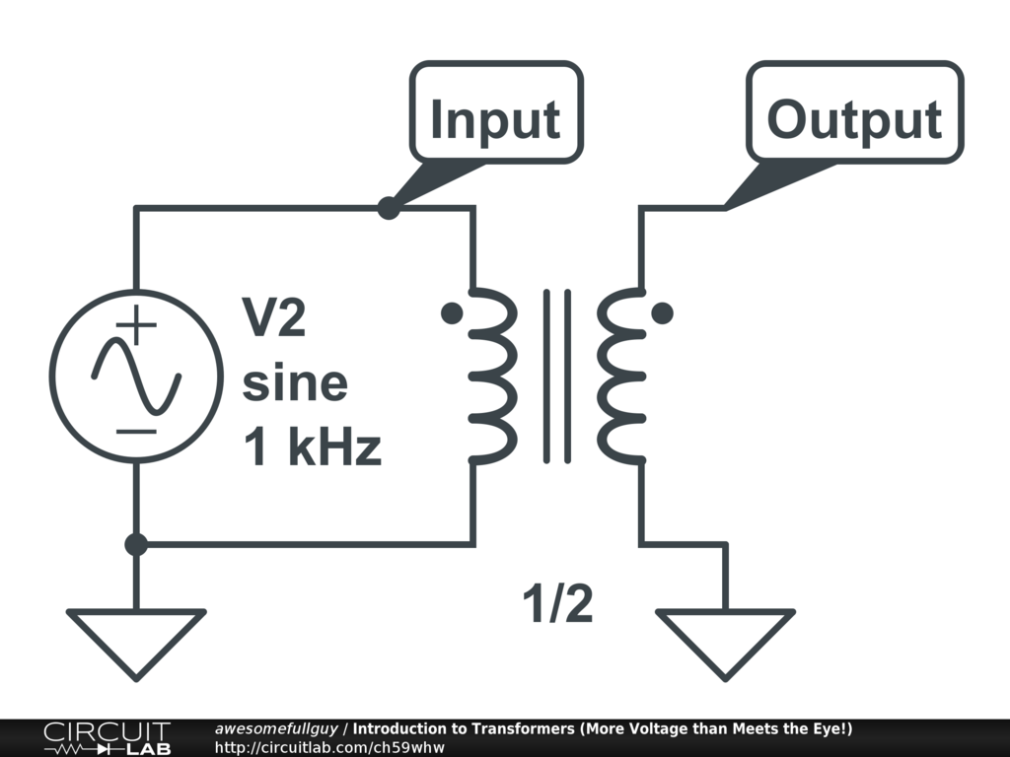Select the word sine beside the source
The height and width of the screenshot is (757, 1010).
pos(295,383)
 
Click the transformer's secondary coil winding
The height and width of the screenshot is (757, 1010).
pos(620,376)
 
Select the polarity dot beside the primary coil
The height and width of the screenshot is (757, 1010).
pos(452,313)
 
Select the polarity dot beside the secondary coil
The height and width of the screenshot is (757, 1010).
pos(664,313)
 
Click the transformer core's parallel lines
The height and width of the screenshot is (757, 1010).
pos(557,376)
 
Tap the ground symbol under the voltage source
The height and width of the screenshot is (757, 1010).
pos(136,639)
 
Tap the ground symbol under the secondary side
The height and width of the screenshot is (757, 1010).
pos(725,639)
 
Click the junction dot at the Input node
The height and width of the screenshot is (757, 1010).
pos(390,208)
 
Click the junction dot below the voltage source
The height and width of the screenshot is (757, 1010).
pos(136,544)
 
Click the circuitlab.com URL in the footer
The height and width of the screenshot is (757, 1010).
pos(329,747)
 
